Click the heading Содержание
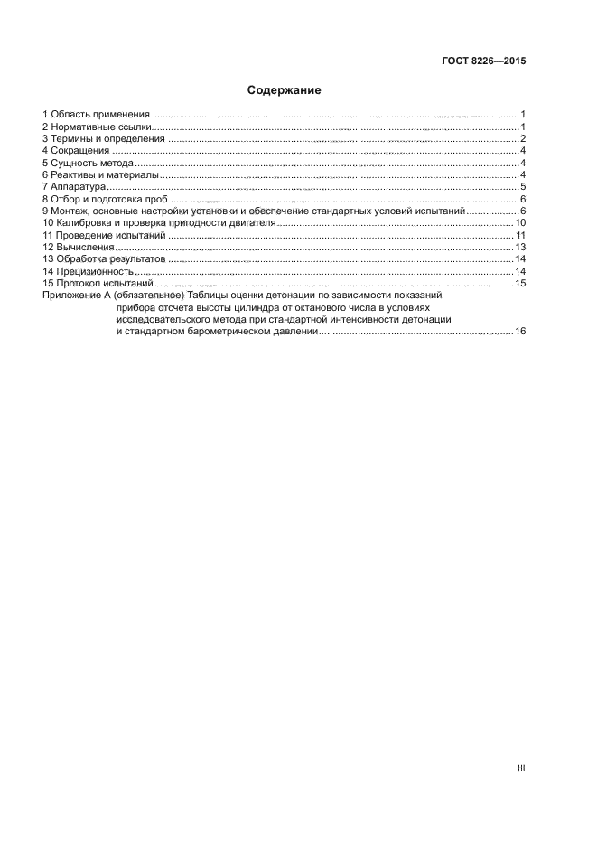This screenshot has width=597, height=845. click(285, 90)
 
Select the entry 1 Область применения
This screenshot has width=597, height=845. click(96, 114)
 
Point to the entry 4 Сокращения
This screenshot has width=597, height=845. click(76, 151)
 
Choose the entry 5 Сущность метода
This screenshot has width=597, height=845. click(88, 163)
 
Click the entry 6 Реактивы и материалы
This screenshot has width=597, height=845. click(100, 174)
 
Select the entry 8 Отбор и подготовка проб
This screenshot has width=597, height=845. click(106, 199)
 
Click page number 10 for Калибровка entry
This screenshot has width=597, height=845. click(520, 222)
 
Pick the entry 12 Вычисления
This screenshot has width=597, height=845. click(79, 247)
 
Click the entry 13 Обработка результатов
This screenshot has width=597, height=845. click(104, 259)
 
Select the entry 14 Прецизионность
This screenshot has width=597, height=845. click(89, 271)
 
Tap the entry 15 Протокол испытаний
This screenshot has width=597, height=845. click(98, 284)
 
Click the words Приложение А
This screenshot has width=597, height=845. click(75, 296)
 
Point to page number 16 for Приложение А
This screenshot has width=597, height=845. click(520, 332)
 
